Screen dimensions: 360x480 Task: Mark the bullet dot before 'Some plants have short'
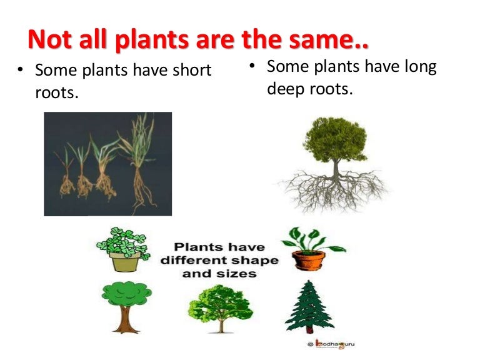(21, 71)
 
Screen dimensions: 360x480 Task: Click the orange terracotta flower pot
(309, 259)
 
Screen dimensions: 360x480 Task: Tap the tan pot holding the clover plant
(124, 262)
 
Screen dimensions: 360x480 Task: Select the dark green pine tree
(309, 306)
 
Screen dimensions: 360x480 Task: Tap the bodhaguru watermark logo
(331, 344)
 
